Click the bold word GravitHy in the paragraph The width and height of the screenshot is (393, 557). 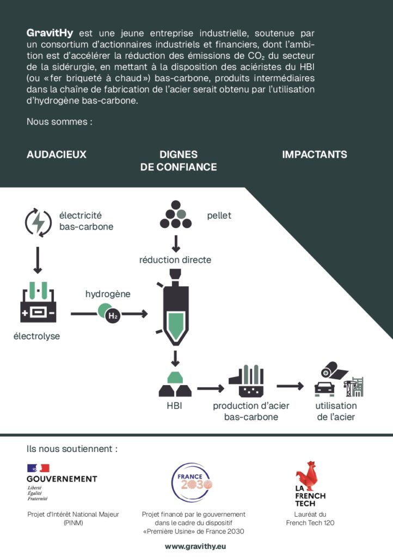pyautogui.click(x=50, y=33)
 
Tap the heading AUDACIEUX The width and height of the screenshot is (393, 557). pyautogui.click(x=57, y=154)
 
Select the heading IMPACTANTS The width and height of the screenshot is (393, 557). pyautogui.click(x=315, y=154)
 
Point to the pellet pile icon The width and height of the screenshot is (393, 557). pyautogui.click(x=175, y=214)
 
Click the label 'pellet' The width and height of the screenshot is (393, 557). pyautogui.click(x=219, y=215)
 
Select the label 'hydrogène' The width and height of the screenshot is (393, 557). pyautogui.click(x=108, y=294)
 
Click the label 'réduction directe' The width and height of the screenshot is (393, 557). pyautogui.click(x=175, y=260)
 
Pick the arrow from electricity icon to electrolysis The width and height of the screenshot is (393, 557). pyautogui.click(x=38, y=260)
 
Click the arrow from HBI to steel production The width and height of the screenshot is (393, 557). pyautogui.click(x=211, y=388)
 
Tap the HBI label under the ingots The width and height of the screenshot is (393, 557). pyautogui.click(x=174, y=406)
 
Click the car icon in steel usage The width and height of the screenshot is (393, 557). pyautogui.click(x=324, y=389)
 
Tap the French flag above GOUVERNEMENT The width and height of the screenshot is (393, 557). pyautogui.click(x=39, y=468)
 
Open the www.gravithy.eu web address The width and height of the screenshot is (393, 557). pyautogui.click(x=195, y=546)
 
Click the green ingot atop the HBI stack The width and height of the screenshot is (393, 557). pyautogui.click(x=175, y=377)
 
